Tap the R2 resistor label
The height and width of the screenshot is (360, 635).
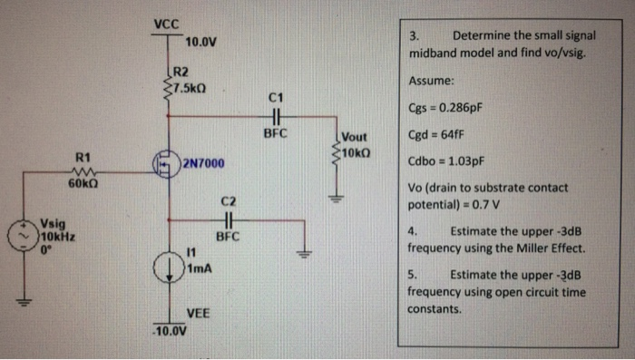(x=181, y=71)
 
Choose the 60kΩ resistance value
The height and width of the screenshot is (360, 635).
(x=83, y=185)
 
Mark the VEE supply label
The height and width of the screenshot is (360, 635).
(x=199, y=312)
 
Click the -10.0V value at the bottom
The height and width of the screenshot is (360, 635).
(x=168, y=330)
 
